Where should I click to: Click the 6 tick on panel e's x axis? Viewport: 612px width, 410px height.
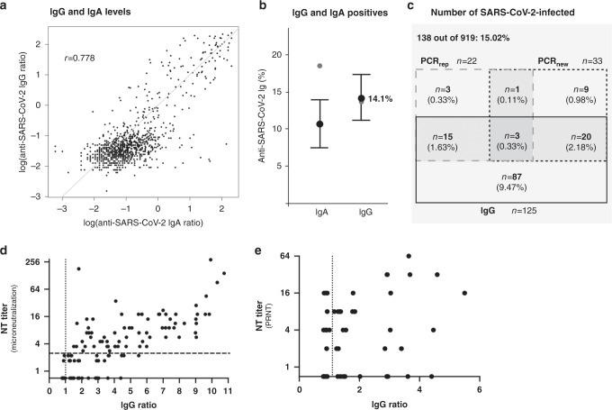(479, 390)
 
